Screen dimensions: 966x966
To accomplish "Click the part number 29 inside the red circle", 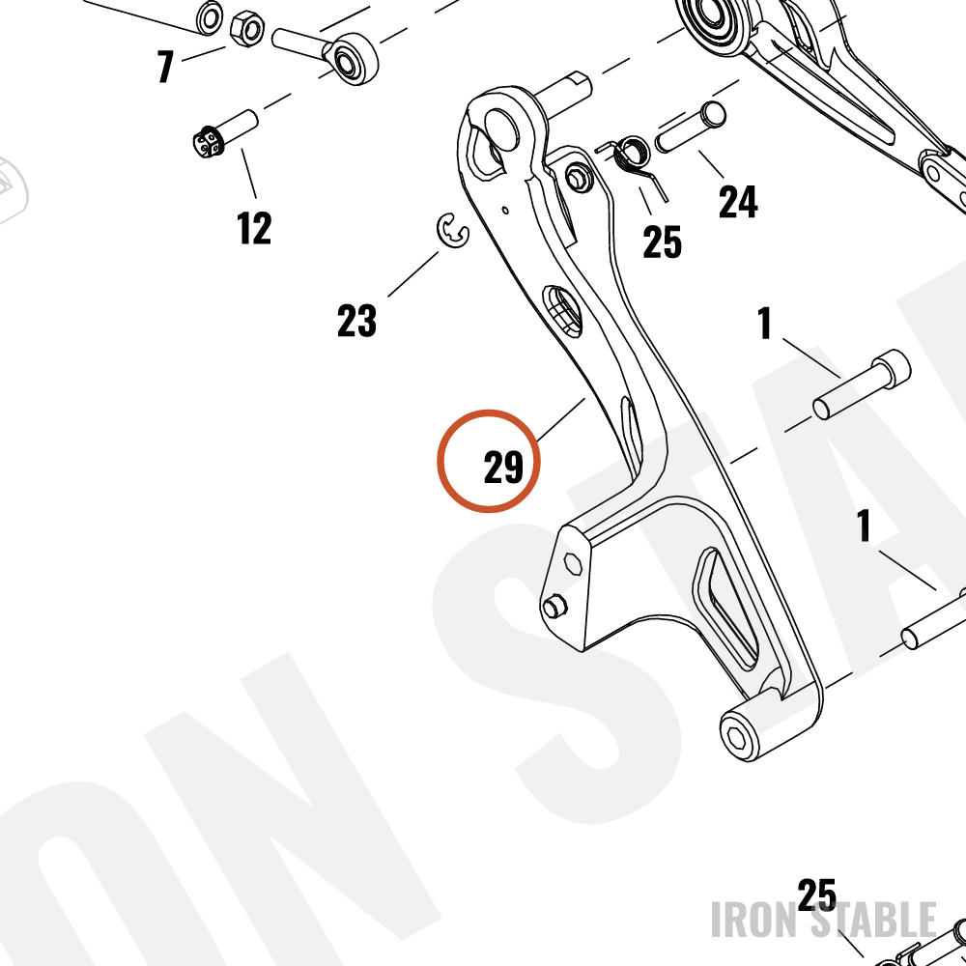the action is coord(503,467).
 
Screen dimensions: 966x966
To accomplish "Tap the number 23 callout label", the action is coord(356,321).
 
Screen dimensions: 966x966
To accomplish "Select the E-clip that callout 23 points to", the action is coord(453,231).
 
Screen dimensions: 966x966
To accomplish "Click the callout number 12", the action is coord(254,228).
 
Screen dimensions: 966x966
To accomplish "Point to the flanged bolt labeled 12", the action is coord(225,133).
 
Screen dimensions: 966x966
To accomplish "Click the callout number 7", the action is coord(165,66).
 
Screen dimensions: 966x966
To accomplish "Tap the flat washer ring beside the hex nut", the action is coord(210,17).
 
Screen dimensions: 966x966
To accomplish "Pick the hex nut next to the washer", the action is coord(247,28).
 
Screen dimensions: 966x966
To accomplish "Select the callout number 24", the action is coord(738,202).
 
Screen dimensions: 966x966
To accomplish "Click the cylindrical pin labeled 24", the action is coord(690,127).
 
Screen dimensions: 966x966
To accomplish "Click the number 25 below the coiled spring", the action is coord(662,241).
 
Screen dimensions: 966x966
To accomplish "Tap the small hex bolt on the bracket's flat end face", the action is coord(554,608).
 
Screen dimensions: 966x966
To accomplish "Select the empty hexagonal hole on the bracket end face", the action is coord(573,563).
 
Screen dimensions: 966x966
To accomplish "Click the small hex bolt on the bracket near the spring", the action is coord(579,179).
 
